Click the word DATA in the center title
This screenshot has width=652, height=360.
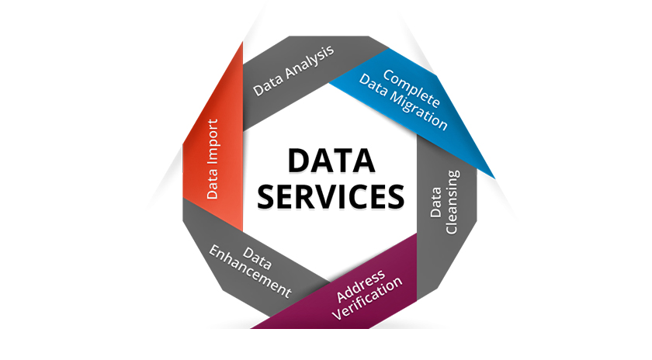pyautogui.click(x=331, y=160)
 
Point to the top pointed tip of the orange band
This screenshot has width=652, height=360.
pyautogui.click(x=243, y=42)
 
